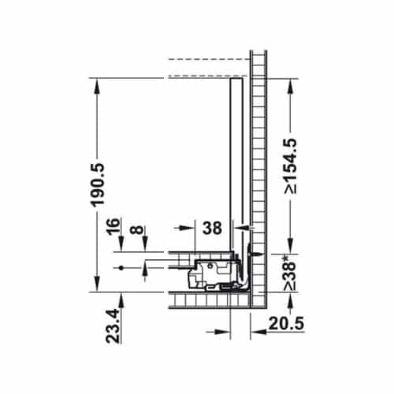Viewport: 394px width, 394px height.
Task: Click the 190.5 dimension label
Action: pyautogui.click(x=98, y=185)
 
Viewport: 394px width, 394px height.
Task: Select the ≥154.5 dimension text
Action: pyautogui.click(x=291, y=166)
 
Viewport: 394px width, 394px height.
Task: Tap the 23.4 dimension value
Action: pyautogui.click(x=113, y=326)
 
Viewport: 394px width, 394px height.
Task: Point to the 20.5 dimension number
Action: pyautogui.click(x=286, y=324)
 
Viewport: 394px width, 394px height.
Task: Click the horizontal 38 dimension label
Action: pyautogui.click(x=212, y=228)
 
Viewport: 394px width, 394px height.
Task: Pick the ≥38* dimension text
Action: pyautogui.click(x=291, y=273)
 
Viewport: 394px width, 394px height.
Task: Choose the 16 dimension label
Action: pyautogui.click(x=113, y=226)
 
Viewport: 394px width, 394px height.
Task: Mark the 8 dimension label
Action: pyautogui.click(x=137, y=229)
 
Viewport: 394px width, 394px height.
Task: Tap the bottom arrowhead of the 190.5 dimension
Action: pyautogui.click(x=98, y=284)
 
